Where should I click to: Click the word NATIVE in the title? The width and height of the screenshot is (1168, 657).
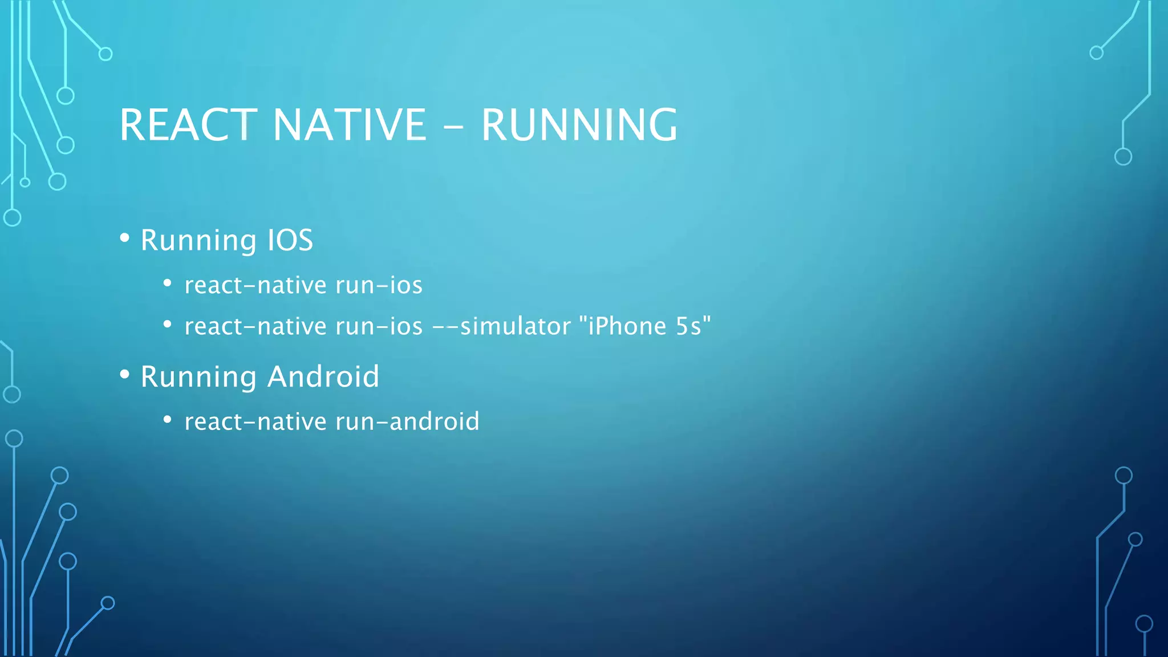[349, 125]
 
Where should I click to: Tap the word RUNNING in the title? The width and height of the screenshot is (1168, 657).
[579, 125]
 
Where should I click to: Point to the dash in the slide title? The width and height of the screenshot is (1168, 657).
[453, 127]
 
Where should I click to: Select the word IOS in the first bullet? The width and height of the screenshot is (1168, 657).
[290, 240]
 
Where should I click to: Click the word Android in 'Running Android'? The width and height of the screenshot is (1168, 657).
[323, 376]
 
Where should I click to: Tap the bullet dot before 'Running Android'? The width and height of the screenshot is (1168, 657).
[125, 375]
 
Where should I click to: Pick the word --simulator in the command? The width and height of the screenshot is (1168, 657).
[502, 326]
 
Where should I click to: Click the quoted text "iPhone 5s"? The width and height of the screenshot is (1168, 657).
[645, 326]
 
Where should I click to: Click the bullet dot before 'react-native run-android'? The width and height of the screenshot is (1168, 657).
[167, 420]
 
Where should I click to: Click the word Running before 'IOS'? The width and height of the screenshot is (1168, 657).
[198, 240]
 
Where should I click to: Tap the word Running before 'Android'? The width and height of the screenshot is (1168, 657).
[198, 376]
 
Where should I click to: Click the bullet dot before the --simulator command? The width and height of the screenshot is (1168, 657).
[167, 325]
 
